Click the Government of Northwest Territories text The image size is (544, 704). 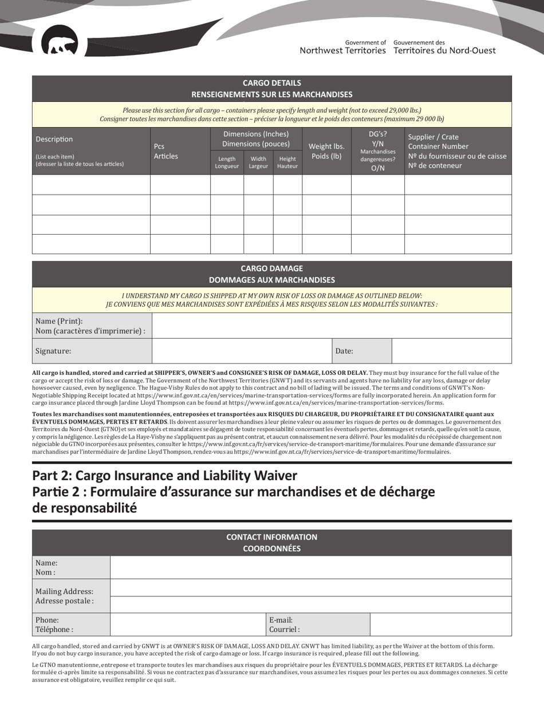(x=342, y=47)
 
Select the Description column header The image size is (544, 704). (x=54, y=139)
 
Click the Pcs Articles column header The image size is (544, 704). (x=165, y=151)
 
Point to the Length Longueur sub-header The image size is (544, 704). (x=227, y=163)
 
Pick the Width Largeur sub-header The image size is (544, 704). (x=258, y=163)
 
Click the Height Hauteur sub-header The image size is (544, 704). (x=287, y=163)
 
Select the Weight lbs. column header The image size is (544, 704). (x=326, y=151)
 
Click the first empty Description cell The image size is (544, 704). (x=91, y=185)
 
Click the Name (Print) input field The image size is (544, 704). (x=332, y=326)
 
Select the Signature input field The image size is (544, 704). (x=241, y=351)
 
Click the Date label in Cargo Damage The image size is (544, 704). (x=344, y=351)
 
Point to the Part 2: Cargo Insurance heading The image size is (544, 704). (x=165, y=476)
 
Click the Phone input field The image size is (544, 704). (x=188, y=624)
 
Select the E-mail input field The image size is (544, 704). (x=440, y=624)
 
